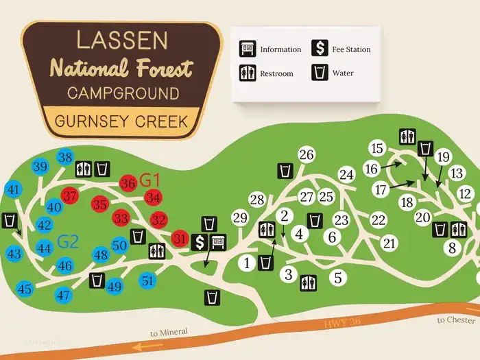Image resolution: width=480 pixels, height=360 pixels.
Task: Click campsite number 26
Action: click(x=307, y=155)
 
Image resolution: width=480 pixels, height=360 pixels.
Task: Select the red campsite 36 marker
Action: click(x=128, y=183)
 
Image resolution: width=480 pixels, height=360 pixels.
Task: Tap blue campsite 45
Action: click(x=25, y=289)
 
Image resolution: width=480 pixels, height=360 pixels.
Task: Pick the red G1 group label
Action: click(x=149, y=181)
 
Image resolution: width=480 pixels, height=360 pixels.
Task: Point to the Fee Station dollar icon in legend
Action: click(x=320, y=49)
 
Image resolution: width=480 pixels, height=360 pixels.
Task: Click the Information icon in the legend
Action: click(x=247, y=49)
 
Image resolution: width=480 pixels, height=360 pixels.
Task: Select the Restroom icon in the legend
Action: click(x=247, y=73)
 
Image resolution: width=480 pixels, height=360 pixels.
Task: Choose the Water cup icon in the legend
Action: click(x=320, y=73)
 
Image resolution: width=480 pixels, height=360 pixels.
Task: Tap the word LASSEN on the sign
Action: click(x=121, y=40)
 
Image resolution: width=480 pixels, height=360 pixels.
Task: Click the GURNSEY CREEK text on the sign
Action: click(x=121, y=121)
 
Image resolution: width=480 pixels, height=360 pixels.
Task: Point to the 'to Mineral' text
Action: click(x=169, y=333)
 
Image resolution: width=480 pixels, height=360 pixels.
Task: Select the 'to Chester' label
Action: click(x=457, y=320)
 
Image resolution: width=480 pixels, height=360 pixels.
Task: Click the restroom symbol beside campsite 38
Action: click(x=84, y=168)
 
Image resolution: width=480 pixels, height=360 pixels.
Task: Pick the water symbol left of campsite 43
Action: click(x=10, y=220)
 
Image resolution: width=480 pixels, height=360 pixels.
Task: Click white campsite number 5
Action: click(x=337, y=278)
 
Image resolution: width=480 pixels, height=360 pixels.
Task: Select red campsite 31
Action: click(x=180, y=238)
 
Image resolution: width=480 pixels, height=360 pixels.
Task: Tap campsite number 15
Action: click(x=376, y=148)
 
